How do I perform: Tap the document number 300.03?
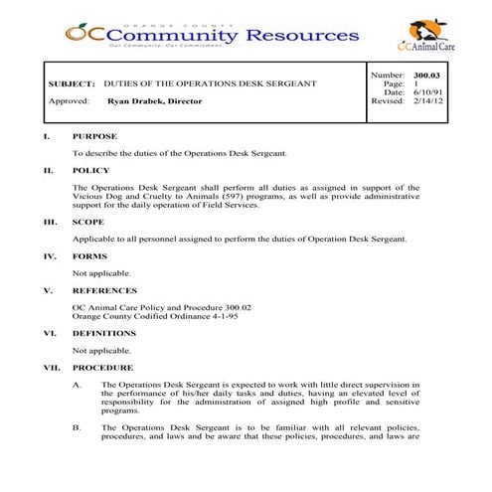pos(426,76)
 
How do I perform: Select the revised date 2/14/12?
pos(426,100)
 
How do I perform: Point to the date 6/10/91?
pos(426,92)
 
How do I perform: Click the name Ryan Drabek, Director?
pos(154,101)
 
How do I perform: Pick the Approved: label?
pos(70,101)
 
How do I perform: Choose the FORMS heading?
pos(89,256)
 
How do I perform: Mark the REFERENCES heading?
pos(104,291)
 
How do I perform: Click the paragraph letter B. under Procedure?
pos(77,427)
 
